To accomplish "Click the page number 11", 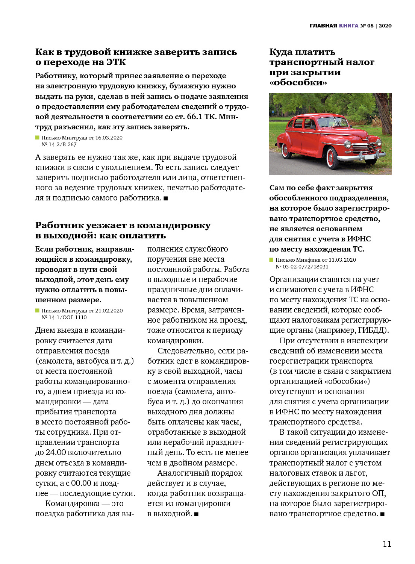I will point(387,544).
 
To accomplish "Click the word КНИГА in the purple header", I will point(348,26).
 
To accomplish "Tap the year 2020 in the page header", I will point(385,26).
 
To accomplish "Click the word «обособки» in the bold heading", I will point(298,82).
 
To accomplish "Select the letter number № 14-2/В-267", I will point(59,144).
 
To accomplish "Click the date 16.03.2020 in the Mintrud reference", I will point(109,138).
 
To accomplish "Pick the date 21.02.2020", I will point(109,311).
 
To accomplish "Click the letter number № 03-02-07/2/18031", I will point(302,267).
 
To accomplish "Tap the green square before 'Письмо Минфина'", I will point(271,260).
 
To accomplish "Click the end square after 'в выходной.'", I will point(196,514).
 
